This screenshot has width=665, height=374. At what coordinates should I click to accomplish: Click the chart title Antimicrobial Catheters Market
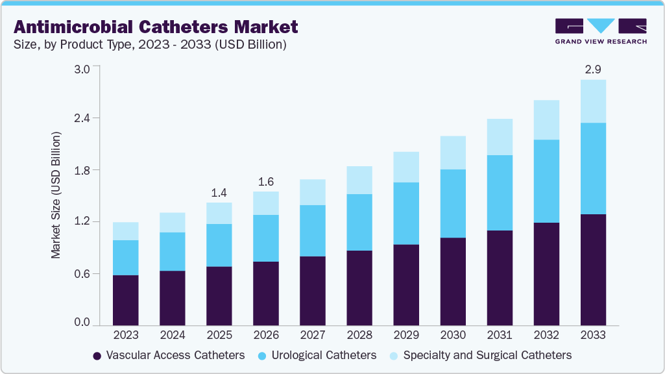[156, 27]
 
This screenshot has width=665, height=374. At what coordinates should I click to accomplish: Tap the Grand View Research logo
[601, 31]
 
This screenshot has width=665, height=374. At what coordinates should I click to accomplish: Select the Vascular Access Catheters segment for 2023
[126, 300]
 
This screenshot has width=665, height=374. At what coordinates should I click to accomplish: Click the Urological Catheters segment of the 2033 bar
[593, 168]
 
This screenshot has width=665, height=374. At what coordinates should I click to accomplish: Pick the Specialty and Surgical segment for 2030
[453, 153]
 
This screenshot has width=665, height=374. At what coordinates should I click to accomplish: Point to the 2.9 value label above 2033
[593, 69]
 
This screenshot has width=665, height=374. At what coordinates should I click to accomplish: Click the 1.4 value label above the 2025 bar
[219, 192]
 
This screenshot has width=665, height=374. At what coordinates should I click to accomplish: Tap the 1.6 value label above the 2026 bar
[266, 181]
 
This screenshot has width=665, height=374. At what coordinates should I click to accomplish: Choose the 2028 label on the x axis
[359, 336]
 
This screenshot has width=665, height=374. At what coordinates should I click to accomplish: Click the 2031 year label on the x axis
[500, 336]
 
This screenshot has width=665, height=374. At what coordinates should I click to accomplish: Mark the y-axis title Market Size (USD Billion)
[56, 195]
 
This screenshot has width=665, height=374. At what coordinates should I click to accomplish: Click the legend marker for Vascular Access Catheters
[97, 356]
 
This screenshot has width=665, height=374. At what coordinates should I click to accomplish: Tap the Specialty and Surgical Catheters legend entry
[487, 355]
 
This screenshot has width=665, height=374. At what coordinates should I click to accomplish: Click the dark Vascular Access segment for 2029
[406, 284]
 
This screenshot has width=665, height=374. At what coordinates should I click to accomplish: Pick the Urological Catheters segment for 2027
[313, 231]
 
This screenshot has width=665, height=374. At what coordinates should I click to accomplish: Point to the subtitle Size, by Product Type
[150, 45]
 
